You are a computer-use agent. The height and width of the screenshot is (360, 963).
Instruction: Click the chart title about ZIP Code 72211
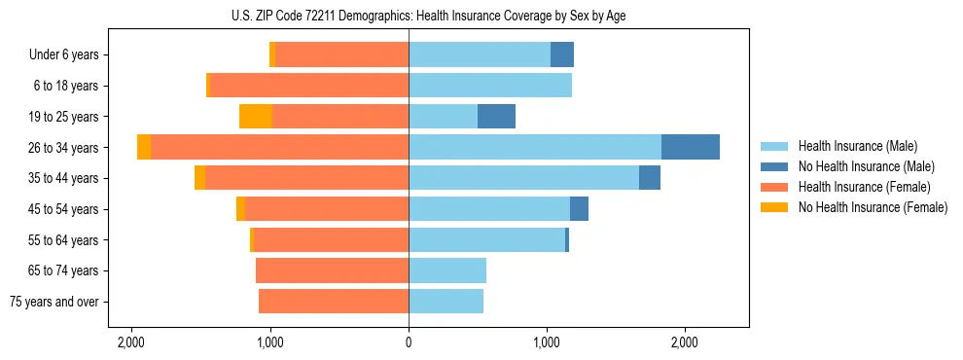point(409,17)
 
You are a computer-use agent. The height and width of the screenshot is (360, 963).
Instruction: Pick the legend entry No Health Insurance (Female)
point(873,207)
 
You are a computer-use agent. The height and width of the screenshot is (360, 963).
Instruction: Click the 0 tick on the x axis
point(409,342)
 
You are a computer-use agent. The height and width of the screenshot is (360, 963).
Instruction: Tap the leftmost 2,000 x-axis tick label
point(131,342)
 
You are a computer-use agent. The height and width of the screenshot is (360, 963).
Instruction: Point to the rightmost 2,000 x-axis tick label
point(685,342)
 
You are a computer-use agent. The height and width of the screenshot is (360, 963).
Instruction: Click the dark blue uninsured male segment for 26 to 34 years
point(691,147)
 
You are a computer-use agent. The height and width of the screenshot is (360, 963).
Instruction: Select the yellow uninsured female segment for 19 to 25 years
point(255,117)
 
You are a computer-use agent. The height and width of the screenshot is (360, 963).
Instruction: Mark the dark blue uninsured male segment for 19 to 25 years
point(496,117)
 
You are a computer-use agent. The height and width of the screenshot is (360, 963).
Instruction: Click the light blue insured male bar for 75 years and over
point(446,302)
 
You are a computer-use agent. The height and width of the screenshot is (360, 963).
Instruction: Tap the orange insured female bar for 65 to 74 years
point(332,270)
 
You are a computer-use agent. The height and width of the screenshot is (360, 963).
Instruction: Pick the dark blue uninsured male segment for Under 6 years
point(562,55)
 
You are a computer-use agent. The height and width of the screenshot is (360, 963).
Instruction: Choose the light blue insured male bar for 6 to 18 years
point(489,86)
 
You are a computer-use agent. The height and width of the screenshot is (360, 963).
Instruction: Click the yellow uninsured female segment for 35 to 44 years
point(199,178)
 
